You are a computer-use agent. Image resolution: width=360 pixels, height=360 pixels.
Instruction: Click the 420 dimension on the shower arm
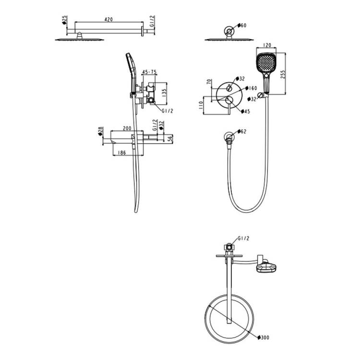[108, 20]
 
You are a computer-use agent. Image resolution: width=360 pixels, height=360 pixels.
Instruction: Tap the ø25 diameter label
[64, 20]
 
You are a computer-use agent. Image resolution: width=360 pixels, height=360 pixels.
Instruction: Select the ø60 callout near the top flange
[242, 25]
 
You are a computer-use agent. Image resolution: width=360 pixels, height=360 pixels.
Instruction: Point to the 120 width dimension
[266, 45]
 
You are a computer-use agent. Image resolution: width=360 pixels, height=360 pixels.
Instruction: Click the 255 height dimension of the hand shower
[283, 74]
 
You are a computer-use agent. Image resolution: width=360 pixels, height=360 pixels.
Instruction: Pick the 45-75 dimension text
[149, 72]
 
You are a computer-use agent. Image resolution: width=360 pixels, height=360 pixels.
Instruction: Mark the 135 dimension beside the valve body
[164, 93]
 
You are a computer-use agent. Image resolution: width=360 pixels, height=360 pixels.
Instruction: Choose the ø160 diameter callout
[252, 88]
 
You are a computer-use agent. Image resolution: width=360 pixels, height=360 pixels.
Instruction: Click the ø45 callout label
[245, 111]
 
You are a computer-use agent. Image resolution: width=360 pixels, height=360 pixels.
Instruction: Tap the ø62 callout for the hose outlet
[242, 132]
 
